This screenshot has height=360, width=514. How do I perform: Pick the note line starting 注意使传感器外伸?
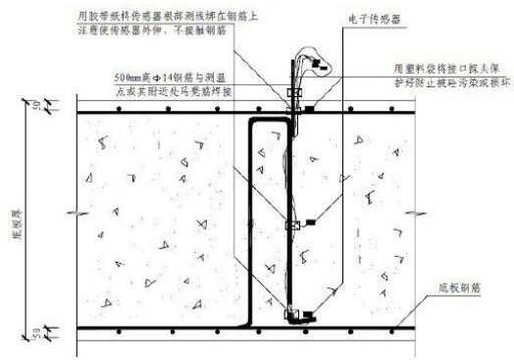pos(179,31)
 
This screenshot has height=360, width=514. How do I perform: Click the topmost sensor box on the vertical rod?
pos(291,94)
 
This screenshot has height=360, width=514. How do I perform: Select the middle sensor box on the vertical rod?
pos(290,225)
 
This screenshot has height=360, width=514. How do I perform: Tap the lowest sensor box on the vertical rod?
pos(291,315)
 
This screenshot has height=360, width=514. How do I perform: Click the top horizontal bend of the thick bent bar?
pos(270,120)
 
